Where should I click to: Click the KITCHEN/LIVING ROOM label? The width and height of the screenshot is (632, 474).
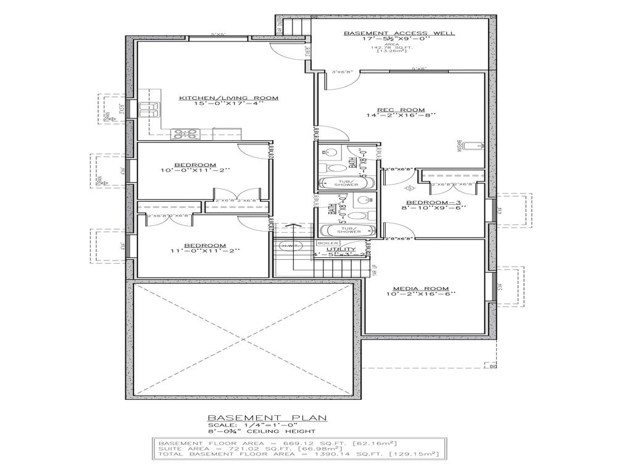coord(229,98)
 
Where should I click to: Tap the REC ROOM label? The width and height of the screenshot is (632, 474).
coord(401,109)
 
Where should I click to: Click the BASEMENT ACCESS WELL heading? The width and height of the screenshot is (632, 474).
coord(399,33)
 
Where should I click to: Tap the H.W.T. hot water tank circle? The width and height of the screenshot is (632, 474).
coord(289,246)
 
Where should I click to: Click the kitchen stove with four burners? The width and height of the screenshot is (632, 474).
coord(185,132)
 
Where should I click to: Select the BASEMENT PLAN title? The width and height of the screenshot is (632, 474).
coord(267,418)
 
